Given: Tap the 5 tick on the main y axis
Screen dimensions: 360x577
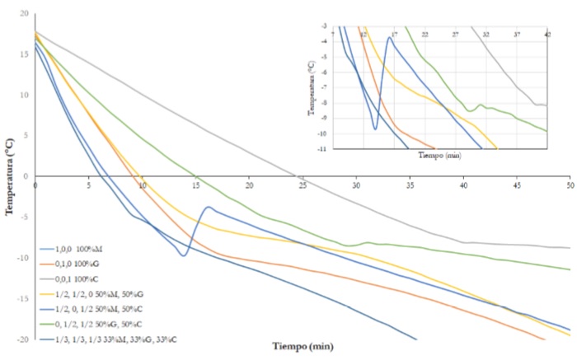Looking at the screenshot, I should (x=26, y=135).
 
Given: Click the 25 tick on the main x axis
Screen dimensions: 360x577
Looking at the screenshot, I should (x=303, y=185).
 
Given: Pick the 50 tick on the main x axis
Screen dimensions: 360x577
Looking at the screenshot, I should (x=570, y=185).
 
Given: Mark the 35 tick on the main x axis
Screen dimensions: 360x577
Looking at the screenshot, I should (x=410, y=185).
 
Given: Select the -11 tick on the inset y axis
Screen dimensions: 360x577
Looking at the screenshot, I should (x=324, y=148).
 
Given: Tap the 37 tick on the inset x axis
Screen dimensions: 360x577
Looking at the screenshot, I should (x=517, y=35).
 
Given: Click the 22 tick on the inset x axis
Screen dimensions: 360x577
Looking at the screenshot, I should (x=425, y=35).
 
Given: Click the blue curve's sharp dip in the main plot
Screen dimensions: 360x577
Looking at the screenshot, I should (x=183, y=255).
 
